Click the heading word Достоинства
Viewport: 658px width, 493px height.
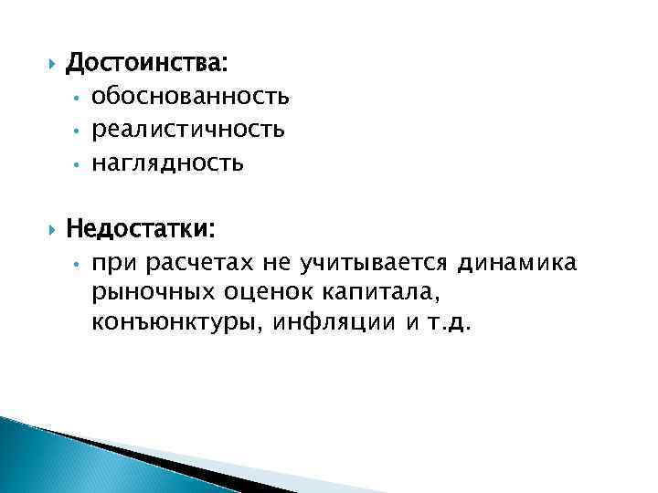pos(149,65)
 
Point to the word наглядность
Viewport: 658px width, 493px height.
pos(167,163)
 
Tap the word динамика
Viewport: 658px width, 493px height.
pos(517,263)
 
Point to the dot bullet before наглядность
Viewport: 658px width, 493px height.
pos(80,165)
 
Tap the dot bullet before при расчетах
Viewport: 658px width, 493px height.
pos(80,265)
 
